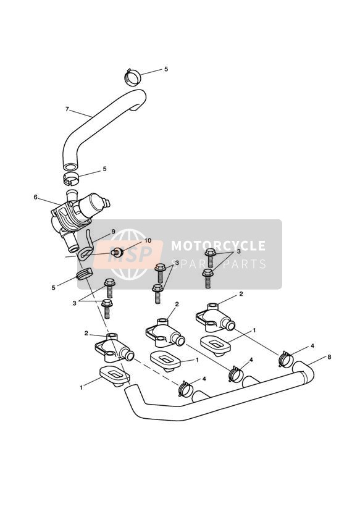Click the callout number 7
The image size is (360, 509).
coord(67,109)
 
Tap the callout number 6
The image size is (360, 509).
coord(35,197)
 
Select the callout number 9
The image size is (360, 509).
coord(113,232)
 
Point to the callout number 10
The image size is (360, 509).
coord(148,240)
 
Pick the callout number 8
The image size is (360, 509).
coord(329,358)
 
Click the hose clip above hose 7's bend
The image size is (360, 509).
coord(133,77)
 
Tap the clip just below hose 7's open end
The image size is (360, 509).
coord(71,178)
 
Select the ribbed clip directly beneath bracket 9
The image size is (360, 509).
coord(85,274)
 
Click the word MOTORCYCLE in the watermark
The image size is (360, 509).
coord(218,246)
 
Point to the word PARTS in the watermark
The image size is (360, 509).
coord(241,264)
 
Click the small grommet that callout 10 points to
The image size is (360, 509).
coord(117,252)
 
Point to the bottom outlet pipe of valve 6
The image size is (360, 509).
coord(71,245)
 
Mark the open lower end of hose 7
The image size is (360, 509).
coord(70,167)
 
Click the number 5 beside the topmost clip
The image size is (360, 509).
coord(166,69)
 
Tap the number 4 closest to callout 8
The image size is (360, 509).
coord(312,346)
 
